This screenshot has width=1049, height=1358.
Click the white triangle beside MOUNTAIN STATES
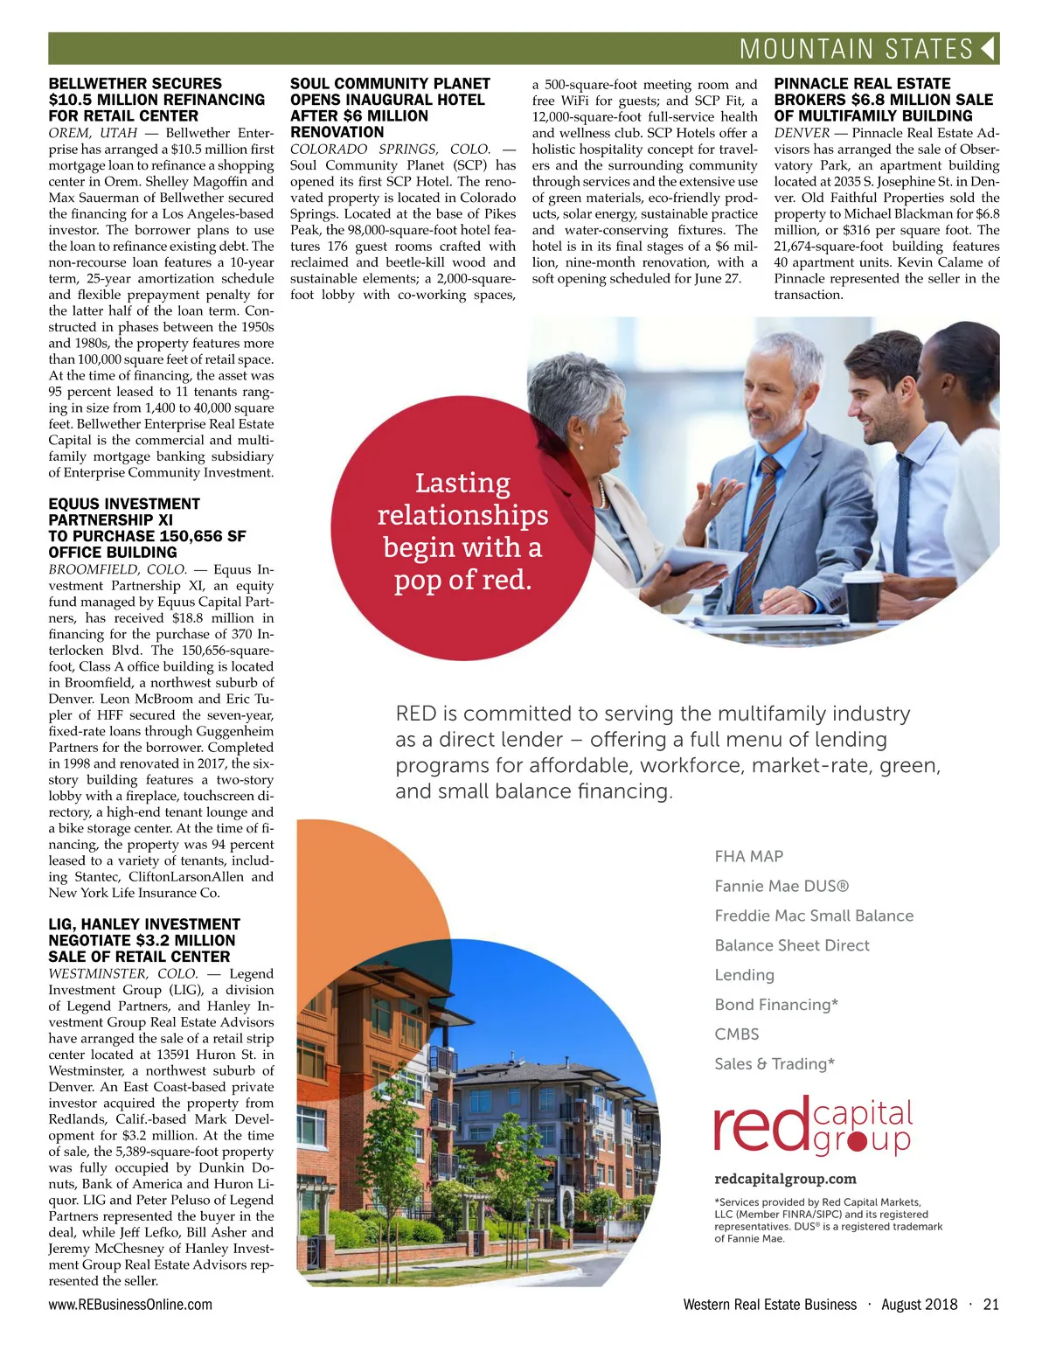(x=988, y=48)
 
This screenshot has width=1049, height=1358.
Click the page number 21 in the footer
(x=990, y=1305)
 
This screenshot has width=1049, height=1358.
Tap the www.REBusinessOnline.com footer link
(x=130, y=1305)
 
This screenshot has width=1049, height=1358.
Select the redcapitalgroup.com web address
(x=785, y=1179)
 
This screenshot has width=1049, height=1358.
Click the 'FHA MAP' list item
(x=748, y=856)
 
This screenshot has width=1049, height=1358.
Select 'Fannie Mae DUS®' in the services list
(x=782, y=886)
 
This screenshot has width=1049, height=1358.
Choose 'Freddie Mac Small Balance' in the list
(x=814, y=916)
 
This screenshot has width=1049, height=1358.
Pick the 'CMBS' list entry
(x=737, y=1034)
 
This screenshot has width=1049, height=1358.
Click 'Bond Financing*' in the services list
(x=776, y=1005)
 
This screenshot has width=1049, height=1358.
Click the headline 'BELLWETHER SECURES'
(x=135, y=84)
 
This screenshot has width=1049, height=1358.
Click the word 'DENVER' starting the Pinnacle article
(x=802, y=133)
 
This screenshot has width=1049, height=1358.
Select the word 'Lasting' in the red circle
(x=462, y=483)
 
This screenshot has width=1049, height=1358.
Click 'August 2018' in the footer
(x=919, y=1305)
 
